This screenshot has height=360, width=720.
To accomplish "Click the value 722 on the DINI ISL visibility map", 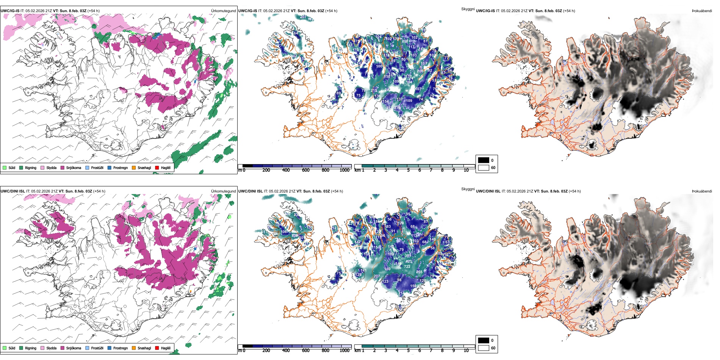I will [407, 267].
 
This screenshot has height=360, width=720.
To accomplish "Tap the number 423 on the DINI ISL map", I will [409, 261].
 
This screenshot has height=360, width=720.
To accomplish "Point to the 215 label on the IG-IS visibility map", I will [374, 91].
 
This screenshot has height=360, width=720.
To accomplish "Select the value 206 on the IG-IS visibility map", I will [420, 71].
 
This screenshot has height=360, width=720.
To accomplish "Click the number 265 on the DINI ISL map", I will [419, 272].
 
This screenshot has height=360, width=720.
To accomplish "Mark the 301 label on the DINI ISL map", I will [407, 256].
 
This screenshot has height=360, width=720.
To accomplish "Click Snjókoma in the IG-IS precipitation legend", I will [74, 168].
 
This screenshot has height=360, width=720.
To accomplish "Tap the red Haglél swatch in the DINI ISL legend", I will [157, 348].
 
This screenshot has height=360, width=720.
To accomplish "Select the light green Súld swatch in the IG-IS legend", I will [5, 168].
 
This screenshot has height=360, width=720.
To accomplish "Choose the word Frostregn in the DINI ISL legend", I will [120, 348].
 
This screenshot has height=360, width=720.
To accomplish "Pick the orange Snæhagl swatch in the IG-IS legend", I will [134, 168].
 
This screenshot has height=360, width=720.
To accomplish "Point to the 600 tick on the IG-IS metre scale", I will [306, 170].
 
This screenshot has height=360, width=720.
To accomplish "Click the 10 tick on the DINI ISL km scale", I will [466, 351].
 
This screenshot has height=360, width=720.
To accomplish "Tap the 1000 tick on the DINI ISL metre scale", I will [344, 351].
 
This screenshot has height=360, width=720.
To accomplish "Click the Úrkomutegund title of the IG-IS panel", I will [223, 11].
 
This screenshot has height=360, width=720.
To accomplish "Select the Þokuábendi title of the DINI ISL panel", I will [702, 191].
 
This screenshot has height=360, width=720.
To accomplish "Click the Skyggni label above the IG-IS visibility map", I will [468, 9].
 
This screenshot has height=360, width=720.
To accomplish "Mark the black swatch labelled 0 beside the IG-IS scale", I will [484, 160].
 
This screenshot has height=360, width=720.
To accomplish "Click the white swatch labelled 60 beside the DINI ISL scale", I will [484, 348].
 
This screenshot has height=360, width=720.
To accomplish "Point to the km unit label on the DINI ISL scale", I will [357, 351].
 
